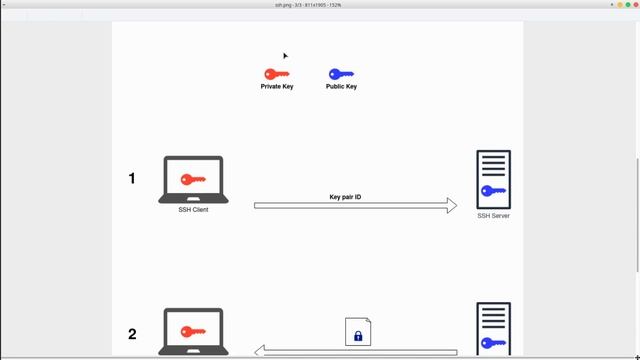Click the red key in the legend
click(x=276, y=74)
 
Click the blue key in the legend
click(x=341, y=74)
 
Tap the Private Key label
click(x=277, y=87)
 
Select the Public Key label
click(x=341, y=87)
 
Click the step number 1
click(x=132, y=179)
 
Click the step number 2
click(x=132, y=335)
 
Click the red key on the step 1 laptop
click(x=193, y=179)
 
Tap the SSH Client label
click(x=193, y=210)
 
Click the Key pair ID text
click(x=345, y=197)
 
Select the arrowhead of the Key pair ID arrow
click(x=451, y=205)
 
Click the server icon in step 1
click(x=493, y=179)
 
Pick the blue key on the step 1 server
click(x=493, y=191)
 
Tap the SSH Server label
click(x=493, y=216)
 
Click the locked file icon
click(x=358, y=331)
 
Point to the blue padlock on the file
click(x=358, y=335)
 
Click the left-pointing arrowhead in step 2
click(x=259, y=351)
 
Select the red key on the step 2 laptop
click(x=193, y=332)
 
